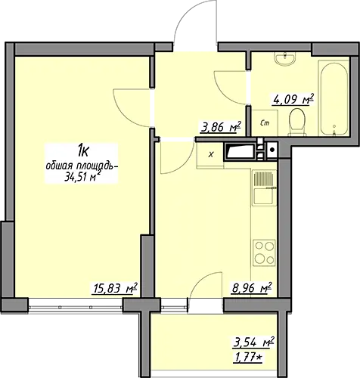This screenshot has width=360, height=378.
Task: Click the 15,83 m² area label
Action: click(116, 288)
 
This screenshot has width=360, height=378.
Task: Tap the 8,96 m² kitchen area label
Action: click(252, 288)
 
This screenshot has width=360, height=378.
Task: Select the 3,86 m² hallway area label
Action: click(221, 127)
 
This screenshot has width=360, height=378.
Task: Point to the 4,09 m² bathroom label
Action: click(293, 100)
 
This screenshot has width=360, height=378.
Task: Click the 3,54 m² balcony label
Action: click(253, 342)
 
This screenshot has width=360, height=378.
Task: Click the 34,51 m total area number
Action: click(81, 177)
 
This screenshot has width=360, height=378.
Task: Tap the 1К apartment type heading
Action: click(82, 151)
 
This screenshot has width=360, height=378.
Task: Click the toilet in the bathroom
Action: click(297, 121)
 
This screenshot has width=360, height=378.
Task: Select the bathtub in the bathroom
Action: click(334, 98)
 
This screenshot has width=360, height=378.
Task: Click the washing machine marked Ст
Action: click(265, 123)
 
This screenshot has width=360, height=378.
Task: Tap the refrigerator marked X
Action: click(210, 154)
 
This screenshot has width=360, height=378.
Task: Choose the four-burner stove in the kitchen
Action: click(265, 253)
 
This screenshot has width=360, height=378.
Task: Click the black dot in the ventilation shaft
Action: click(272, 150)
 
